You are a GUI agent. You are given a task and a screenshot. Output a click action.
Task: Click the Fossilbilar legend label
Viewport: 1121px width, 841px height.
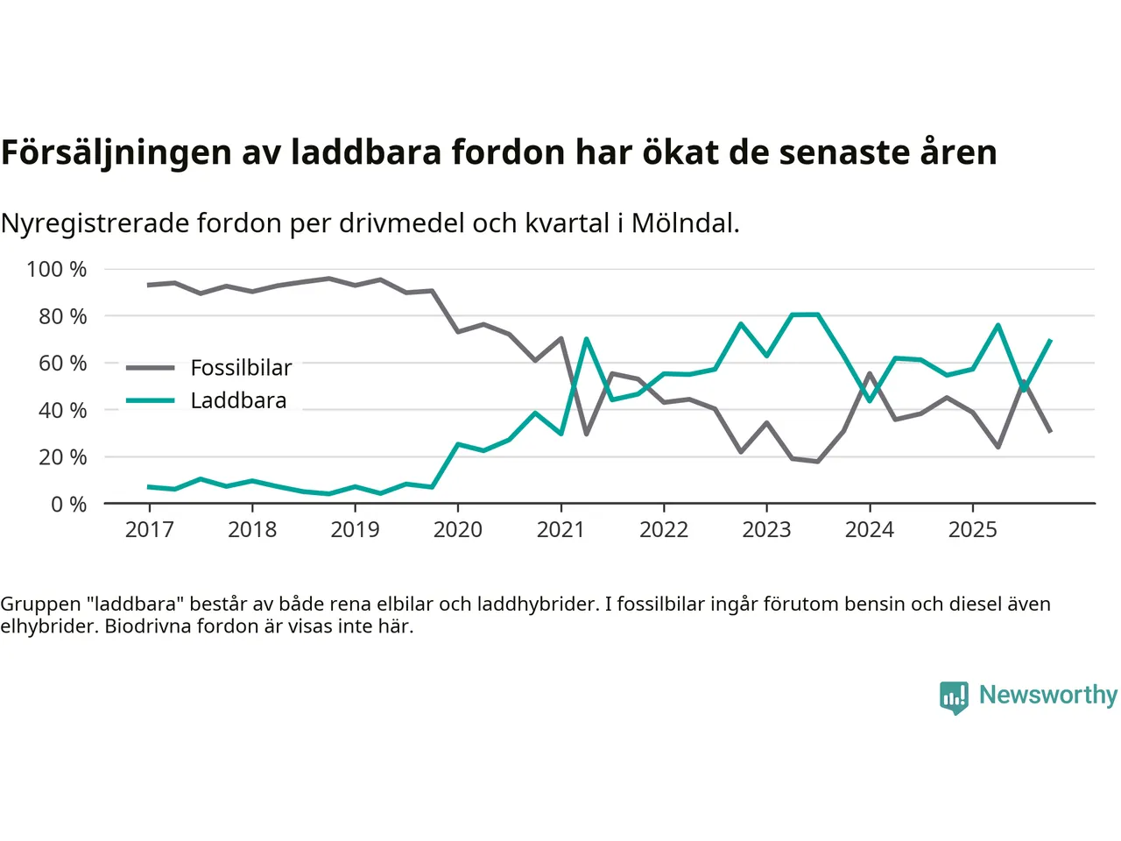[x=241, y=368]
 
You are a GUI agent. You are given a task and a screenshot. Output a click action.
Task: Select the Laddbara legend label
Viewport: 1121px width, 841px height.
[x=238, y=400]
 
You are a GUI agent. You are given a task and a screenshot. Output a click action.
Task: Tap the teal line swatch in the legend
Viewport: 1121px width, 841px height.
[x=150, y=400]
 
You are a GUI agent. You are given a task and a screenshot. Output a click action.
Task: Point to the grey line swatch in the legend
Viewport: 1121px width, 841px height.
[x=150, y=368]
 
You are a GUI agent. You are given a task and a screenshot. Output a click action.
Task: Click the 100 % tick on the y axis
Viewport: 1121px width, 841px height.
[x=57, y=269]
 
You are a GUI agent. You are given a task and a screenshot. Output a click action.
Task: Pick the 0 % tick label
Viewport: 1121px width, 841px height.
[x=68, y=504]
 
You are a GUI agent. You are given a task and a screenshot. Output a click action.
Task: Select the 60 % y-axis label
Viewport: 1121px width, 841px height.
[x=62, y=363]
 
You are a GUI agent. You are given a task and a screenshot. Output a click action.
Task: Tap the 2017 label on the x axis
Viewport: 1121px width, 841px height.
[x=150, y=529]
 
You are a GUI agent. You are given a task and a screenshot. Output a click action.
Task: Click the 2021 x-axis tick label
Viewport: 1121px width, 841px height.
[x=560, y=529]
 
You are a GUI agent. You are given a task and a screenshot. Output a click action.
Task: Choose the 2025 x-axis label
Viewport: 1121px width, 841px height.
[x=972, y=529]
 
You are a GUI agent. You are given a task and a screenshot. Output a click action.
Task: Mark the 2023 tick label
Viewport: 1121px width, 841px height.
[x=766, y=529]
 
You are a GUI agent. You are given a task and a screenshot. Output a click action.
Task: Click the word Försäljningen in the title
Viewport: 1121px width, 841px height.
[x=116, y=152]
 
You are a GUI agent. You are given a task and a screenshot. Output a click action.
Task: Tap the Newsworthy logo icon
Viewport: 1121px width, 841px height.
[x=954, y=697]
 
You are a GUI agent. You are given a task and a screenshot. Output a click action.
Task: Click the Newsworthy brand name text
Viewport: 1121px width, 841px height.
[x=1047, y=695]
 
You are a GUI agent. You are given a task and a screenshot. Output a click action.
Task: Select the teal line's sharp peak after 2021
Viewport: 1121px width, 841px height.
[x=586, y=339]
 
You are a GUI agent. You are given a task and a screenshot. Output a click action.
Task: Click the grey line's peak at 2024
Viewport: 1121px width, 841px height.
[x=870, y=373]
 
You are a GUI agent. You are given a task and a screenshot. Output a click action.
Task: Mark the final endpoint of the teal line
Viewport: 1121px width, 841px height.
[x=1050, y=340]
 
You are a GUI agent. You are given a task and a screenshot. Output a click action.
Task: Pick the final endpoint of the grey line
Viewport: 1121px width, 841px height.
[x=1050, y=431]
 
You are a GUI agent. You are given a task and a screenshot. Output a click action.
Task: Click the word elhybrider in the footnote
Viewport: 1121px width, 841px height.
[x=48, y=626]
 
